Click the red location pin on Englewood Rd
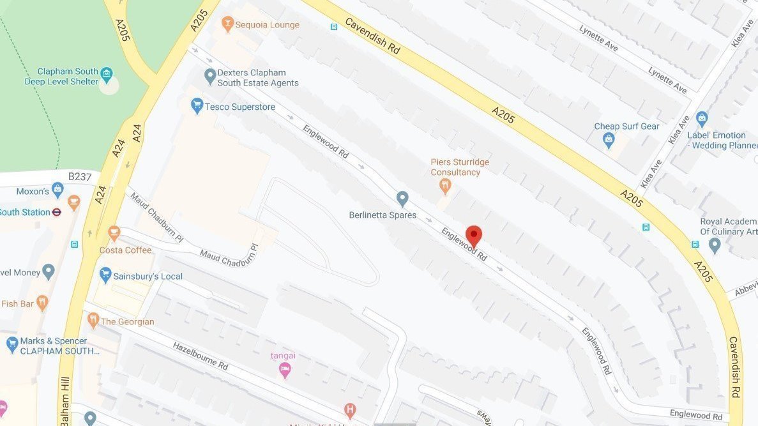473,235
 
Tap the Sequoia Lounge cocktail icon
227,24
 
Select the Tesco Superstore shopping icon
197,106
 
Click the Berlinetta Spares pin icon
402,199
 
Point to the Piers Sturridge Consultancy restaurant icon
445,186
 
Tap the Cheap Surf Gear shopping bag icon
609,140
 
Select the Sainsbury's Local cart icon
105,276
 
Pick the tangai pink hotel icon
285,370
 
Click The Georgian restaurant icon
93,320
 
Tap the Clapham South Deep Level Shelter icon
107,75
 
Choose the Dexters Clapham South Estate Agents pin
209,77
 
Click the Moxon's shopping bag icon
57,190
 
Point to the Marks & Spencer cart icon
12,345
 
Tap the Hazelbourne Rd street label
201,356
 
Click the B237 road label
80,176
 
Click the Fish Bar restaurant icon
42,302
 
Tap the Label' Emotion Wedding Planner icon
702,119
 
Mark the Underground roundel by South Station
56,212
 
